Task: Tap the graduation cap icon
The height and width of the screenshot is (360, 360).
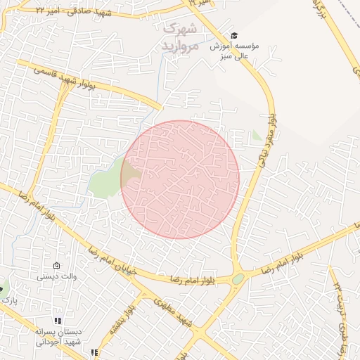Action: [x=234, y=35]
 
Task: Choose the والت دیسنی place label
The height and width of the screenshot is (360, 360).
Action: [x=57, y=277]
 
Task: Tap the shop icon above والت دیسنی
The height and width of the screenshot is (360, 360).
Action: [x=57, y=266]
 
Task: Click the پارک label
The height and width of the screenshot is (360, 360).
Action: [x=8, y=300]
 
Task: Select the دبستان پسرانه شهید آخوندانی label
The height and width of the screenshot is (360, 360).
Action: [x=60, y=335]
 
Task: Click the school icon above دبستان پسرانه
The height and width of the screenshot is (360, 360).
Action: [x=58, y=321]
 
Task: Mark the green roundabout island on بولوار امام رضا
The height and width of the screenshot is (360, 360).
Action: [x=238, y=279]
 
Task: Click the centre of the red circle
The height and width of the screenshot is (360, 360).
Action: [x=180, y=179]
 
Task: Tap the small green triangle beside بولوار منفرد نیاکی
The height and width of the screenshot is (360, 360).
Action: [x=256, y=134]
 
